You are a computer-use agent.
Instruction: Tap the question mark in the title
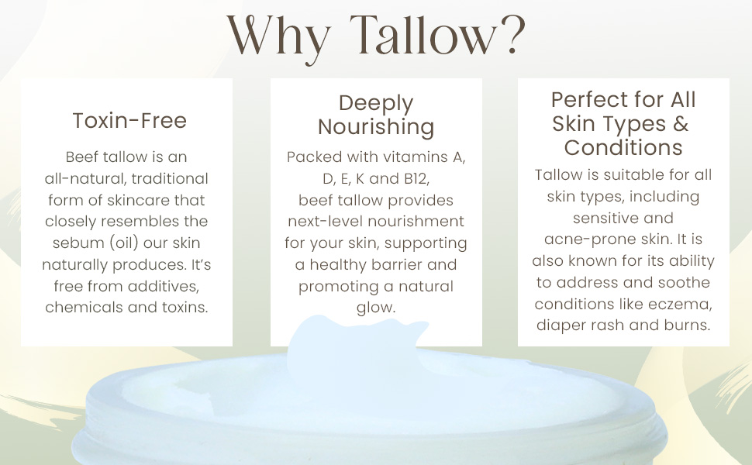pyautogui.click(x=509, y=34)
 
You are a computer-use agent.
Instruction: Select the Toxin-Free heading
pyautogui.click(x=129, y=120)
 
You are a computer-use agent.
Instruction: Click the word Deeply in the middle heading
pyautogui.click(x=376, y=103)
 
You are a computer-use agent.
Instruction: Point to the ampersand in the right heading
pyautogui.click(x=681, y=123)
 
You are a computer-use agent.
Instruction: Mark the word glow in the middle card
pyautogui.click(x=376, y=308)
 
